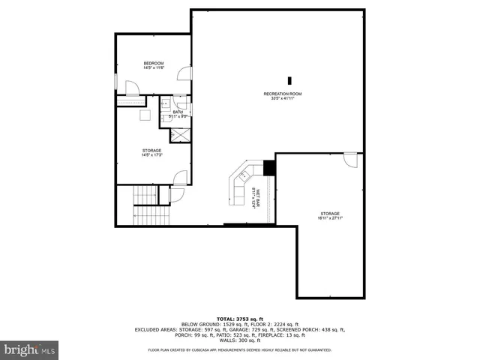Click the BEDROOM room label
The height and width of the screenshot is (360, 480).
coord(154,63)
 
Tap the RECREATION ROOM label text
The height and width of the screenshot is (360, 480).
coord(282,93)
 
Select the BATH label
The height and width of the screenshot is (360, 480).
coord(178,112)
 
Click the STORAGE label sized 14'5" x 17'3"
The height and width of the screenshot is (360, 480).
coord(152,150)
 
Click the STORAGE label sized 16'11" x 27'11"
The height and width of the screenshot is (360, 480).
coord(330,214)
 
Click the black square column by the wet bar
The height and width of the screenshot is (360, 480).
coord(269,167)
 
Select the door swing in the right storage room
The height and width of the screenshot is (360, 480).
coord(350,160)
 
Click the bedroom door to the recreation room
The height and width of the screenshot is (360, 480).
coord(183,73)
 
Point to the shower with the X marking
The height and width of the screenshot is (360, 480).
coord(180,135)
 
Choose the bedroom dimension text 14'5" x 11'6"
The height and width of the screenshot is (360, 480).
coord(154,68)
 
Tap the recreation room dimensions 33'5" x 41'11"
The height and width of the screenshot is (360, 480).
coord(282,98)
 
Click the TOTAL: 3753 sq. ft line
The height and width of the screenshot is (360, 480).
coord(239,319)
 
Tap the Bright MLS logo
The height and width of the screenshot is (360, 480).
coord(29,349)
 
